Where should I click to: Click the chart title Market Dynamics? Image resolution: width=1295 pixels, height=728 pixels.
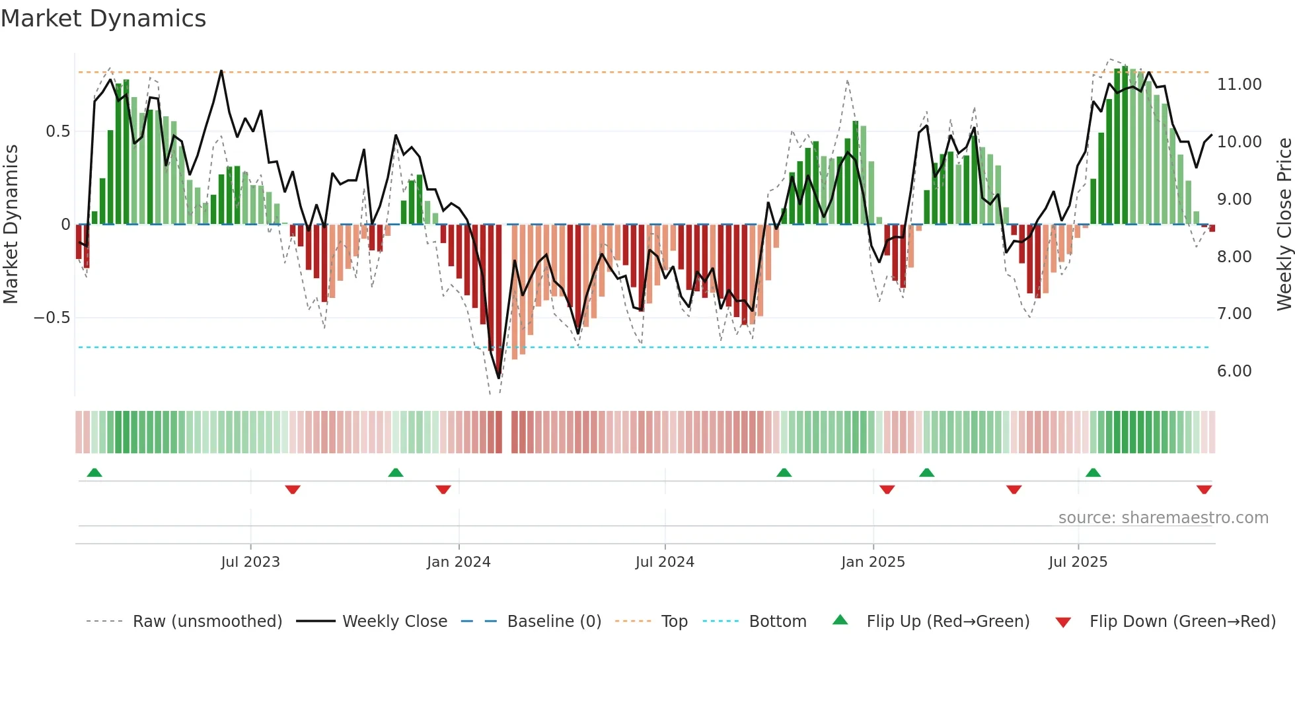click(x=103, y=18)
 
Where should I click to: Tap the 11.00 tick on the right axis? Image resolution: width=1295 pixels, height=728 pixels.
click(x=1239, y=85)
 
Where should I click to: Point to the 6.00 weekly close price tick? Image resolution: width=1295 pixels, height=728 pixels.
click(x=1234, y=371)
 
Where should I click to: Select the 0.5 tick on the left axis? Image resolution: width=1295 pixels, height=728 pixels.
click(x=57, y=131)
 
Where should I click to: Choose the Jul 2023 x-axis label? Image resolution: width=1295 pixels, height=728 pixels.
click(x=250, y=562)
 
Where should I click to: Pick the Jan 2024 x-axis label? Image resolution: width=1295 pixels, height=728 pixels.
click(x=459, y=562)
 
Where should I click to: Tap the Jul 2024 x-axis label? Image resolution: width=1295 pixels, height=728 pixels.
click(x=665, y=562)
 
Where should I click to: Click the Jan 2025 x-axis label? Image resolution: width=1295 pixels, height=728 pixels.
click(x=873, y=562)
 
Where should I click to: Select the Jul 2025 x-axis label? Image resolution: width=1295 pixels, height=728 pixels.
click(x=1078, y=562)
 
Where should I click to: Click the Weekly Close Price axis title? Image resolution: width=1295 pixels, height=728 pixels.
click(x=1284, y=224)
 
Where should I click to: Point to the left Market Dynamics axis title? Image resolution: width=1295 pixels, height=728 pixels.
click(x=11, y=224)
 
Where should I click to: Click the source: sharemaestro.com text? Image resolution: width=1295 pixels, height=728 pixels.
click(x=1163, y=518)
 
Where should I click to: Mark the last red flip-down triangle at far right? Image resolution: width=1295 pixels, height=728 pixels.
click(x=1204, y=490)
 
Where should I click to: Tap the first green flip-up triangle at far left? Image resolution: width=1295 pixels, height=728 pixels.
click(x=94, y=472)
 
